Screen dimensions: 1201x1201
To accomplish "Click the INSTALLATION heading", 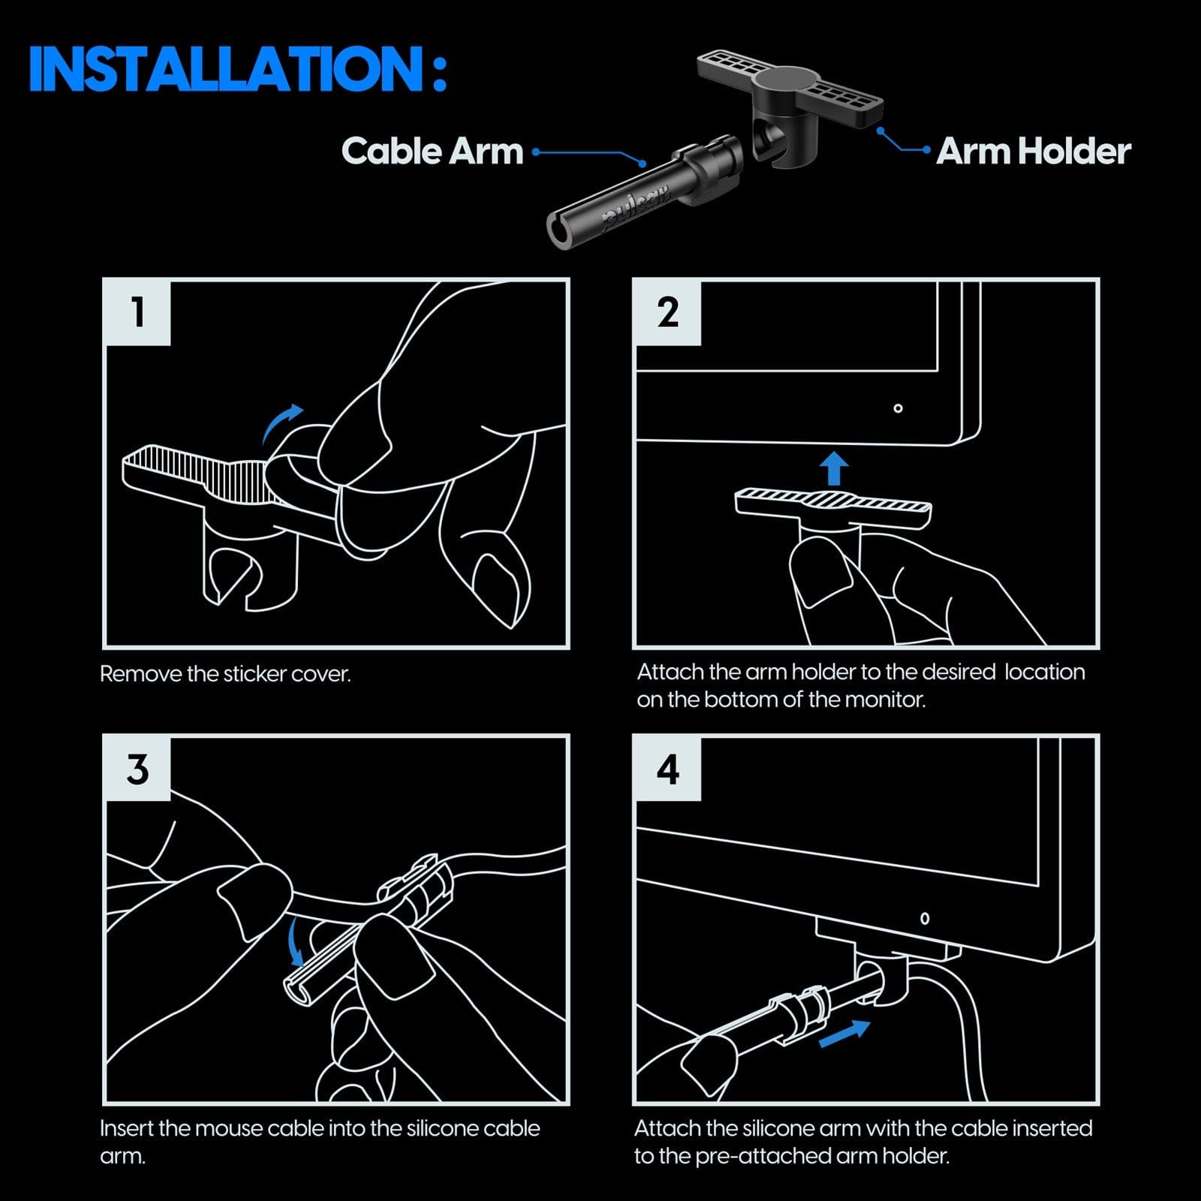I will point(237,69).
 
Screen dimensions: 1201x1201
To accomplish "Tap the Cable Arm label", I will point(432,151).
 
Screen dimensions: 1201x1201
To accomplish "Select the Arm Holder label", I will point(1033,151).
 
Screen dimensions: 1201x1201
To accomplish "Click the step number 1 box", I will point(138,312).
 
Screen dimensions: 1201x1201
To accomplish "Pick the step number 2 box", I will point(668,312).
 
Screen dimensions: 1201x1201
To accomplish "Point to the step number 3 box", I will point(138,769).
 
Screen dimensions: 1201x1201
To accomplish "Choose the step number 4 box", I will point(668,769).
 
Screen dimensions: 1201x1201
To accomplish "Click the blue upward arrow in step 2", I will point(833,468).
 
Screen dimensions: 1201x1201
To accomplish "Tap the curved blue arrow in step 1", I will point(282,424).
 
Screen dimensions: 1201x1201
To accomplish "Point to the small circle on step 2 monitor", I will point(898,408).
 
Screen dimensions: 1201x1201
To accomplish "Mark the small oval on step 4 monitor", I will point(925,918).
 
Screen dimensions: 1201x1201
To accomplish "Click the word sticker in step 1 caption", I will point(255,674).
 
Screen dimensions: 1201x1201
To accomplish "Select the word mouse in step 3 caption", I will point(229,1128).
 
